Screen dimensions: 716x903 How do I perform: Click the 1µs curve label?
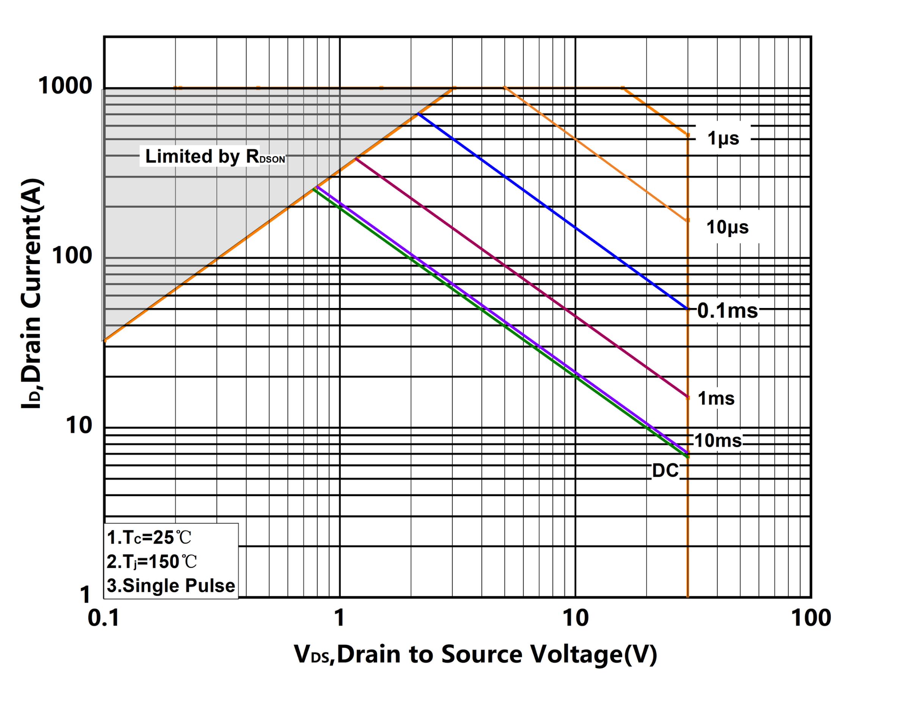(x=723, y=138)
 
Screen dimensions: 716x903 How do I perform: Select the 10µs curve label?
(x=727, y=227)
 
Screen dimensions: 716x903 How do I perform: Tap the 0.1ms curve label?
(x=727, y=311)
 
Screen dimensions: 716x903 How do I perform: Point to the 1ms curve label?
(x=716, y=399)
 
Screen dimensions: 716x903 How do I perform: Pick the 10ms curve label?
(x=718, y=441)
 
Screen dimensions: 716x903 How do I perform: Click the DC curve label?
(x=665, y=471)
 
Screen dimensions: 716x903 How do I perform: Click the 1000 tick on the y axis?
(x=65, y=86)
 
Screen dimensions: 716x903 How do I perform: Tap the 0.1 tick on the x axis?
(x=103, y=619)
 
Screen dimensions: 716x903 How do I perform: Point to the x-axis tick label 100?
(x=811, y=619)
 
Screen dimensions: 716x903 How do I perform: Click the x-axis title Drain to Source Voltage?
(x=475, y=655)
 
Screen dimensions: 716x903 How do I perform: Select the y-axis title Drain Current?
(x=32, y=293)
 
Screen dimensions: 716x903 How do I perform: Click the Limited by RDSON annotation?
(x=215, y=156)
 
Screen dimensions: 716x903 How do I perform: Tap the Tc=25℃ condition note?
(x=149, y=538)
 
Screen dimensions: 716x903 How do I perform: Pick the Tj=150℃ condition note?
(x=152, y=561)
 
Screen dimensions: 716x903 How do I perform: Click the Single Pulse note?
(x=171, y=586)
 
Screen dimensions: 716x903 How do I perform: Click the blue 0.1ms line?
(x=544, y=205)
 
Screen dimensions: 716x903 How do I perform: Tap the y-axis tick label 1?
(x=85, y=595)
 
